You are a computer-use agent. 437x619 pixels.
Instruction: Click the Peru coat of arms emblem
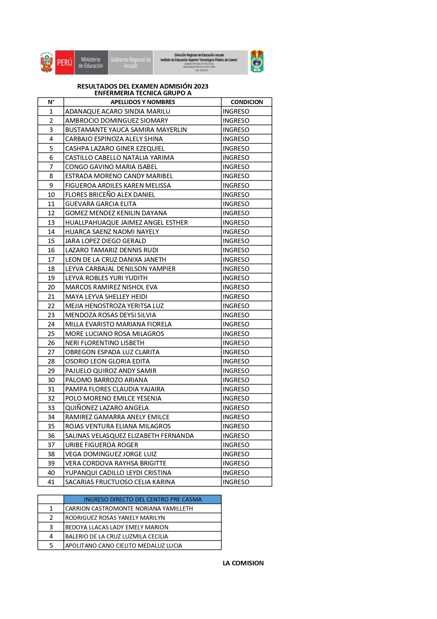[x=47, y=62]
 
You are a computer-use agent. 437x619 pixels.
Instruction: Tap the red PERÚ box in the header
[x=64, y=62]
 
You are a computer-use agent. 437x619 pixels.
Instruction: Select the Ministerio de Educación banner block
[x=91, y=62]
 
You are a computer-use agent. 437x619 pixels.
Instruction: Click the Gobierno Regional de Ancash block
[x=131, y=62]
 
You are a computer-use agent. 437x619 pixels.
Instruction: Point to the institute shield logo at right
[x=257, y=61]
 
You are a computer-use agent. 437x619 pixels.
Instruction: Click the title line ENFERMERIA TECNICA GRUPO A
[x=143, y=93]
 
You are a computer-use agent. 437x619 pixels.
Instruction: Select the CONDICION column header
[x=247, y=102]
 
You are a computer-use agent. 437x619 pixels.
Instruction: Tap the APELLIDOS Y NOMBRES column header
[x=143, y=102]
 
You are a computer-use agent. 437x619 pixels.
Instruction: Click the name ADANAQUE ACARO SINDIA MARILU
[x=118, y=111]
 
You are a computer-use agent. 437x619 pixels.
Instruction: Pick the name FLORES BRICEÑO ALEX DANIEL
[x=110, y=194]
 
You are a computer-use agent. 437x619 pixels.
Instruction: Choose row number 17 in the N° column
[x=51, y=259]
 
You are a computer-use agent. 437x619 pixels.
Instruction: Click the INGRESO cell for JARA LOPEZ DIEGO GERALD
[x=236, y=241]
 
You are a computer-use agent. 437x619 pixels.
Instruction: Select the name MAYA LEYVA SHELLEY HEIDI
[x=106, y=296]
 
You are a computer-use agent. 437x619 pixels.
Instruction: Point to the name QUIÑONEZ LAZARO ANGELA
[x=107, y=408]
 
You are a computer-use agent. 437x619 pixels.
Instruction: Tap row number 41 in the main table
[x=51, y=482]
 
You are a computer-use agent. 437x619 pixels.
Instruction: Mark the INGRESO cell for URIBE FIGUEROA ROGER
[x=236, y=445]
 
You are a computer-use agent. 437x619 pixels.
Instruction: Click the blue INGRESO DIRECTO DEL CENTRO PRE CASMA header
[x=143, y=499]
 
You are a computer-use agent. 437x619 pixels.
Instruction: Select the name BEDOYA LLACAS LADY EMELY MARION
[x=117, y=527]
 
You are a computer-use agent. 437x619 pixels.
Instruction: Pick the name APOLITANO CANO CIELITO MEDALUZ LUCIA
[x=123, y=545]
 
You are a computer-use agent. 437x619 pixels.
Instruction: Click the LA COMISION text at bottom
[x=243, y=563]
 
